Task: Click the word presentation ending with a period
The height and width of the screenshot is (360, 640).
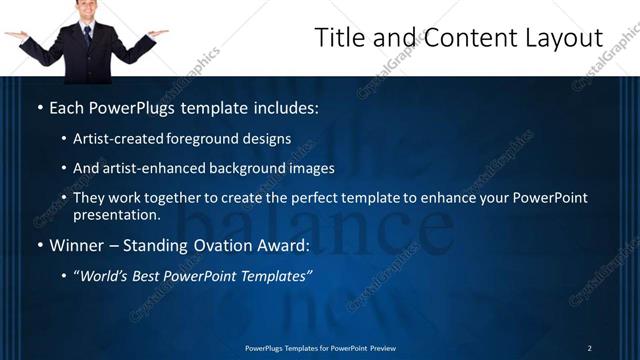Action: tap(116, 215)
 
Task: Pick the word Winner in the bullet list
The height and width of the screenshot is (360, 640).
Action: tap(75, 245)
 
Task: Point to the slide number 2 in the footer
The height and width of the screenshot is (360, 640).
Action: tap(589, 348)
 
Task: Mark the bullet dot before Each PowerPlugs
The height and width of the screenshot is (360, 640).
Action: tap(39, 107)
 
